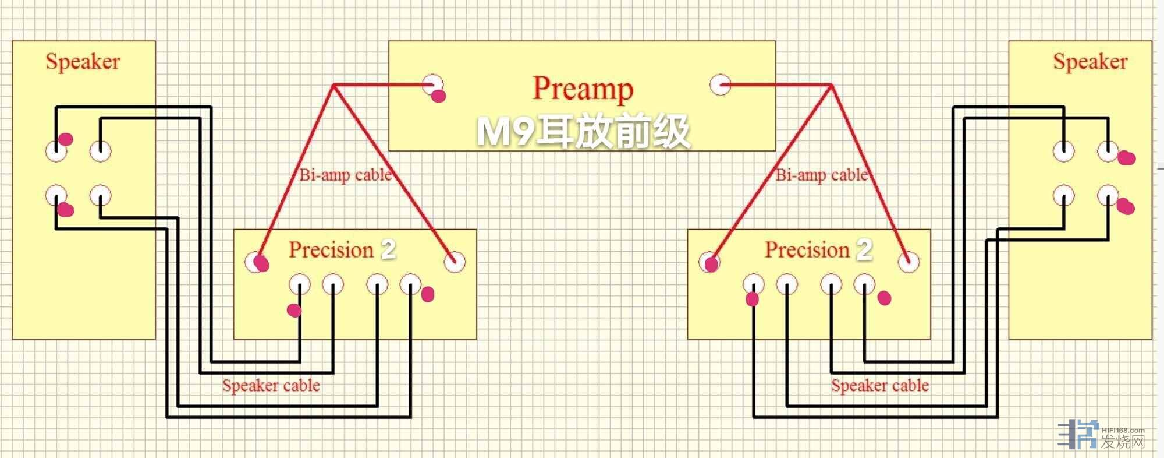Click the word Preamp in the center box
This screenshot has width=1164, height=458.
click(583, 89)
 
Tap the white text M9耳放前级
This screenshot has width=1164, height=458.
click(583, 131)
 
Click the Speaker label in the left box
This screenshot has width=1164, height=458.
click(83, 62)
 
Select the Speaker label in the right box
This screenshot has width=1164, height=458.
click(1090, 62)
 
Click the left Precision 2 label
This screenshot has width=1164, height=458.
click(342, 250)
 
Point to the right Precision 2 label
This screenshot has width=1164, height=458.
click(818, 250)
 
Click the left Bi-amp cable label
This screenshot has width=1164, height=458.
click(345, 175)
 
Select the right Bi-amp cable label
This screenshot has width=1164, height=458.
click(821, 175)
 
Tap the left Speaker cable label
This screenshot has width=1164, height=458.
click(271, 386)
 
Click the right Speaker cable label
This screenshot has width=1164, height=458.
click(879, 386)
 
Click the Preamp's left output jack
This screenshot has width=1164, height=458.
click(432, 84)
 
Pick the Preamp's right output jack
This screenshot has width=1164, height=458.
click(720, 84)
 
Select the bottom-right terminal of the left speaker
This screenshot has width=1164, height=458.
click(100, 196)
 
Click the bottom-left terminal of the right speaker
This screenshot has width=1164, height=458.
click(1063, 196)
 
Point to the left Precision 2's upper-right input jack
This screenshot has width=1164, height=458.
click(454, 262)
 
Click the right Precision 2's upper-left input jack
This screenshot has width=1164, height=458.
click(709, 262)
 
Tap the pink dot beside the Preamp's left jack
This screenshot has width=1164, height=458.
click(439, 96)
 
